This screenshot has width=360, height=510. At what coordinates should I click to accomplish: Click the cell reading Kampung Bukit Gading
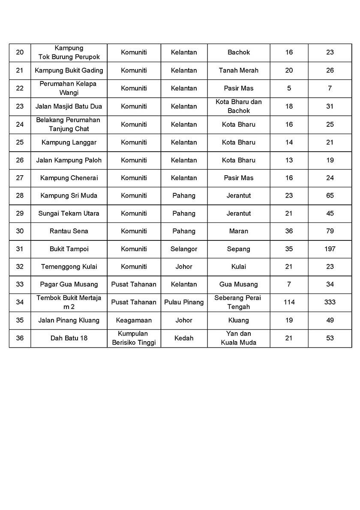(69, 70)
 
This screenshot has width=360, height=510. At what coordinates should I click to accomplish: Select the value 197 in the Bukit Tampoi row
(330, 249)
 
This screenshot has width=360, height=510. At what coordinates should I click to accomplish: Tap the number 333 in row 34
(330, 302)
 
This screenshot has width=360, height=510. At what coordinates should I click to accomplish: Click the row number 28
(20, 195)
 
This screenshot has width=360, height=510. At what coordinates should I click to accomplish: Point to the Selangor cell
(184, 249)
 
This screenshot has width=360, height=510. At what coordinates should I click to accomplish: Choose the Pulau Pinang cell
(184, 302)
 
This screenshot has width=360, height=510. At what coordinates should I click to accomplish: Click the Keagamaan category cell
(134, 320)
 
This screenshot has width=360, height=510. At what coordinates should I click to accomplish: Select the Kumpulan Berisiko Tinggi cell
(134, 338)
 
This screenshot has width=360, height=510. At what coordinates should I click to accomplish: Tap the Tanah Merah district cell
(238, 70)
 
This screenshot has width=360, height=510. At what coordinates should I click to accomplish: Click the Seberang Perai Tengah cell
(238, 302)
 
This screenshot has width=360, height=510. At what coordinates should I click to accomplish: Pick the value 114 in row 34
(289, 302)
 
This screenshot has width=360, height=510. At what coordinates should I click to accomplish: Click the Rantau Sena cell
(69, 231)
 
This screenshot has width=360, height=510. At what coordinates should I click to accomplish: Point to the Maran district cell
(238, 231)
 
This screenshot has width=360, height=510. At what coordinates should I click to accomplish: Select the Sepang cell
(238, 249)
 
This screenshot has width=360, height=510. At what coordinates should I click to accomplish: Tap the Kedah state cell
(184, 338)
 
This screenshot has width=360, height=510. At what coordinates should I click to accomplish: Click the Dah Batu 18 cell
(69, 338)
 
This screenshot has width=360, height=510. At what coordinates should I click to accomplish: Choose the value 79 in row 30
(330, 231)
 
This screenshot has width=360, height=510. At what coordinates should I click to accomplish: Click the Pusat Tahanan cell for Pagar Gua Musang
(134, 284)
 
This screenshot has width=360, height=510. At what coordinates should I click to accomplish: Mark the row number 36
(20, 338)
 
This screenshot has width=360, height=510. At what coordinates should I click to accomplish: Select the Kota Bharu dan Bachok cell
(238, 106)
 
